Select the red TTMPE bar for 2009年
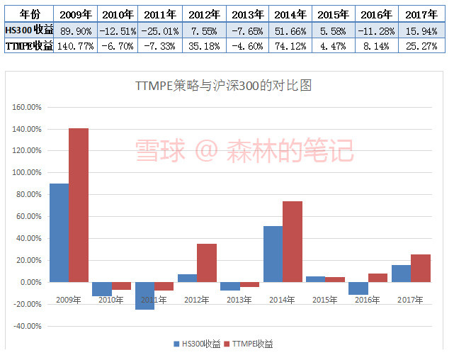pos(79,205)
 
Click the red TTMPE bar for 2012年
pos(207,263)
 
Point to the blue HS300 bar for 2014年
pos(273,254)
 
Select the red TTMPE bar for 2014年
pos(293,242)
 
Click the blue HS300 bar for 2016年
pos(358,288)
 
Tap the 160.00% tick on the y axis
pos(27,108)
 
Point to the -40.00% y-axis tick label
pos(27,326)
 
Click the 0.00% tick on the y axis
pos(29,282)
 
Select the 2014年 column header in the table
pos(289,13)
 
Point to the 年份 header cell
pos(28,13)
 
